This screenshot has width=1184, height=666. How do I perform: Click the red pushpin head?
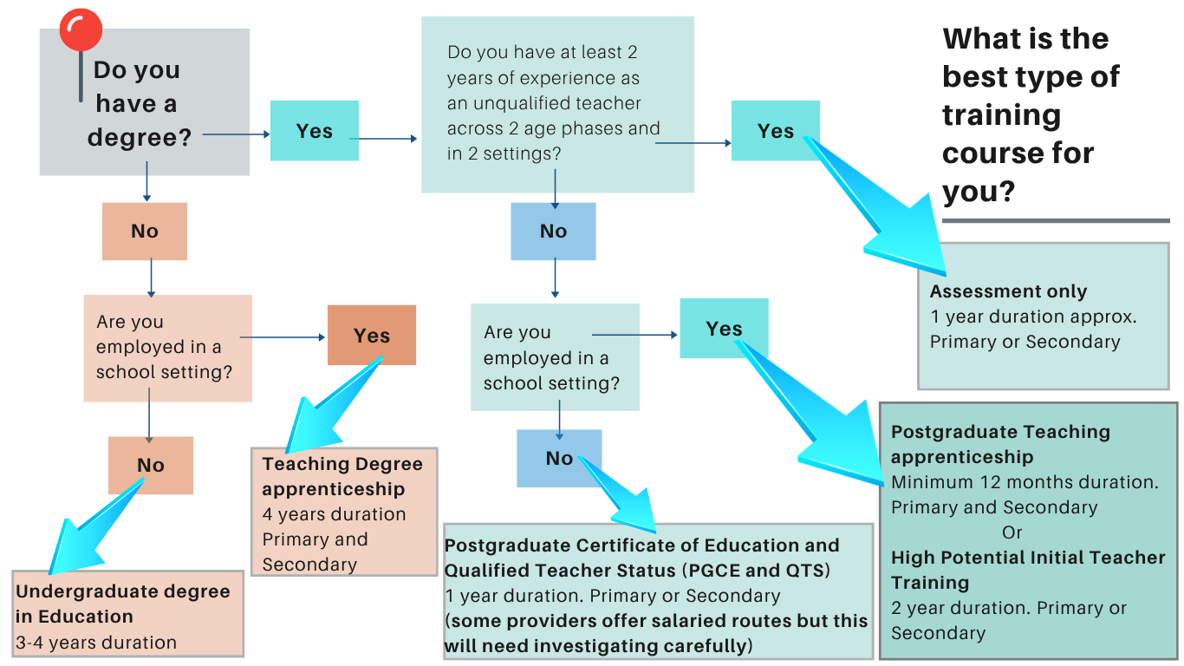(x=81, y=29)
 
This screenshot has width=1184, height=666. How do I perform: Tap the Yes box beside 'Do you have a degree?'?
(x=315, y=131)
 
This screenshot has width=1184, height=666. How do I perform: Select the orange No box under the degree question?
(x=144, y=232)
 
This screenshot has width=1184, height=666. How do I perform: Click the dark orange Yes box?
(x=372, y=335)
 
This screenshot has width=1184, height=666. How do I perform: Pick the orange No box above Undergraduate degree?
(x=151, y=465)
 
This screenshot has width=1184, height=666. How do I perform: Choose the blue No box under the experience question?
(x=553, y=232)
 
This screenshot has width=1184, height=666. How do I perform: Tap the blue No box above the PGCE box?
(x=559, y=458)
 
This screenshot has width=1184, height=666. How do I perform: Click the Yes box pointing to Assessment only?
(x=776, y=131)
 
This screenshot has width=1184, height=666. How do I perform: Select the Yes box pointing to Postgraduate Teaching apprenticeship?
(x=724, y=329)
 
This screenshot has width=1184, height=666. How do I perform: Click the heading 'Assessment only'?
(x=1009, y=291)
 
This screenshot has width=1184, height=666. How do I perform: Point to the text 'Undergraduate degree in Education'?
(x=122, y=604)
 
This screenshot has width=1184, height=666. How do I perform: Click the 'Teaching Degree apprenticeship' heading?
(x=342, y=476)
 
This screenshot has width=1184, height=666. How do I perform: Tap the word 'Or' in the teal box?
(x=1012, y=532)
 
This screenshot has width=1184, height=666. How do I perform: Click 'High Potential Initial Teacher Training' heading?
(x=1028, y=570)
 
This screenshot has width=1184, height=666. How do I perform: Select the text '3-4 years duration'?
(x=96, y=643)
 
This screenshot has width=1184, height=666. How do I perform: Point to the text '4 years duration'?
(x=334, y=514)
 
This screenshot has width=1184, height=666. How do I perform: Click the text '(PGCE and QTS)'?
(x=756, y=571)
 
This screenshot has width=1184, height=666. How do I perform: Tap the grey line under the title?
(x=1056, y=220)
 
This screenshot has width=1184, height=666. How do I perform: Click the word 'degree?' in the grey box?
(x=140, y=138)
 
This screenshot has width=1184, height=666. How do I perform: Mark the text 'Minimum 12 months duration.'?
(x=1025, y=482)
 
